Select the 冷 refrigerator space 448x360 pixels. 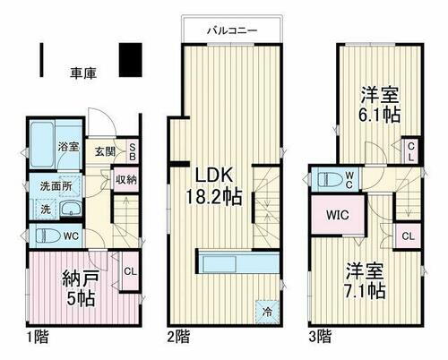[x=268, y=313]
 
